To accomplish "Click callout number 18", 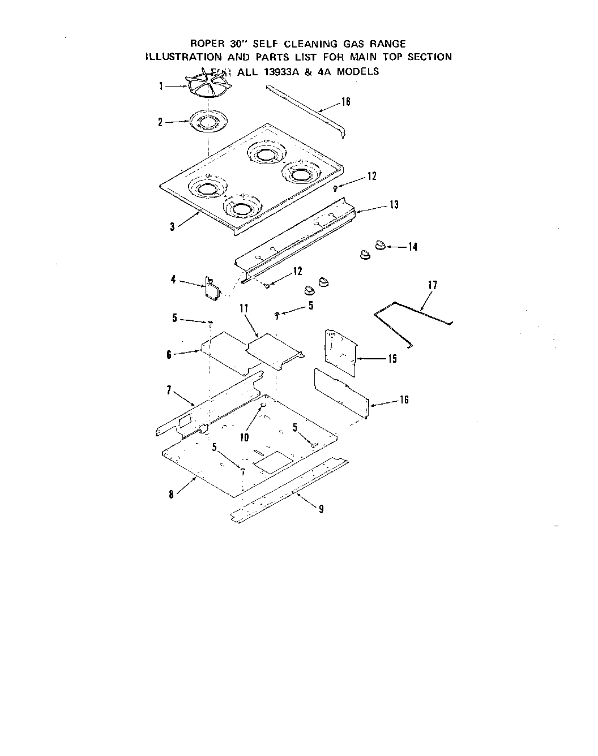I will [346, 102].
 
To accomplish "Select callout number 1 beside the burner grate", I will [161, 87].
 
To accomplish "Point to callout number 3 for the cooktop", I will [172, 227].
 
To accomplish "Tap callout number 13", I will [394, 205].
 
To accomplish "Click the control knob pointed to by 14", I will [380, 245].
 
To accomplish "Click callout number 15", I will [392, 359].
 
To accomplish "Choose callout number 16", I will [404, 400].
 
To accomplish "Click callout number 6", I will [169, 355].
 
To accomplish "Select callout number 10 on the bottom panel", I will [244, 437].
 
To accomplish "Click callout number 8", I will [171, 494].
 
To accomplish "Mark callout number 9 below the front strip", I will [321, 509].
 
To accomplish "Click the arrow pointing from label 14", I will [397, 247].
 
